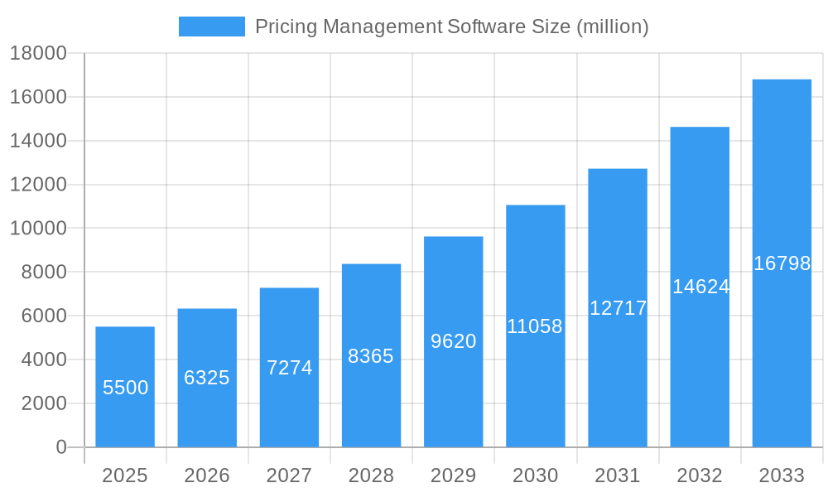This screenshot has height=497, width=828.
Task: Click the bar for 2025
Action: click(125, 387)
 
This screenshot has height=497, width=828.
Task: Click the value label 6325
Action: click(207, 378)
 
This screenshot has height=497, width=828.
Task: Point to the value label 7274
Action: click(289, 368)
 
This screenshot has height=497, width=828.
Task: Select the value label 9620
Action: click(454, 341)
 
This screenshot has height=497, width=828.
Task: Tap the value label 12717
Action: click(618, 308)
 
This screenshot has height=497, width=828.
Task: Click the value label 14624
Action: click(700, 287)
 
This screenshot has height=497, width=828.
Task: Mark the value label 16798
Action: click(782, 263)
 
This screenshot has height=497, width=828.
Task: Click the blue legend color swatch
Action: click(212, 27)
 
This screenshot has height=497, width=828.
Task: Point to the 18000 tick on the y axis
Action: click(38, 53)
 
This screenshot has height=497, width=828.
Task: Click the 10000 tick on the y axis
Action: click(38, 229)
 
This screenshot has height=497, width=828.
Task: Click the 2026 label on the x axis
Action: click(207, 475)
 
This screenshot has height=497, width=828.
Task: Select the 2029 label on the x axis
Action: click(454, 475)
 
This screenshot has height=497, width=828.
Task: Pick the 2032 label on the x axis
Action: click(700, 475)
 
